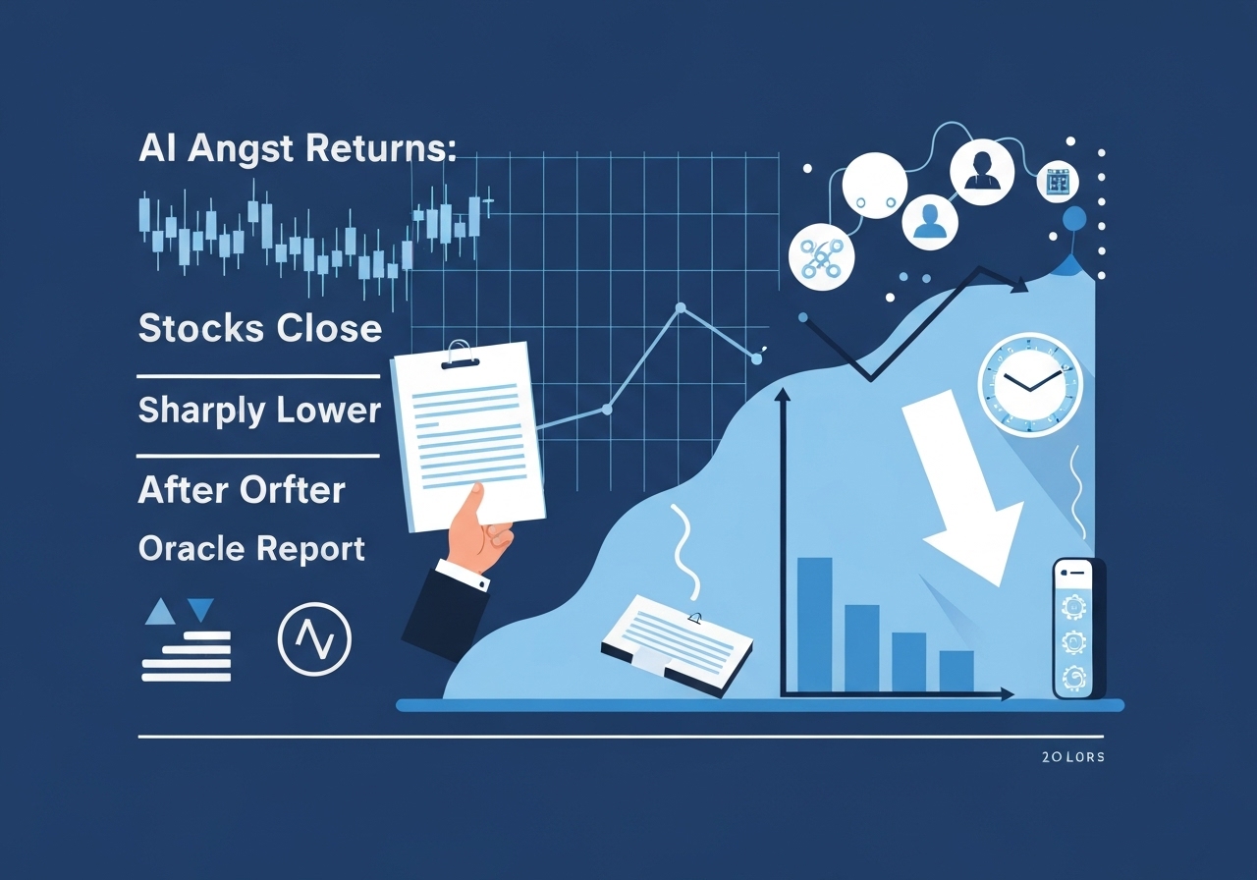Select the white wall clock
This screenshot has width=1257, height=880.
[1029, 384]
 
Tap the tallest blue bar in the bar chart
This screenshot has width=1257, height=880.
[814, 625]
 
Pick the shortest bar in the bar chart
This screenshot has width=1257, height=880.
[956, 671]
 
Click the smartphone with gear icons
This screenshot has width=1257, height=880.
[1078, 629]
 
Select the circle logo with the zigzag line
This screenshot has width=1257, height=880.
[314, 638]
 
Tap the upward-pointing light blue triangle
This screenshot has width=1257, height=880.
[159, 614]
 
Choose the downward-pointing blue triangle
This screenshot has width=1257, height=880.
[200, 610]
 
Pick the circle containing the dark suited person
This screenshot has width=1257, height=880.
[981, 173]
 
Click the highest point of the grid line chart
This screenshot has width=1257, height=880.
[680, 309]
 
